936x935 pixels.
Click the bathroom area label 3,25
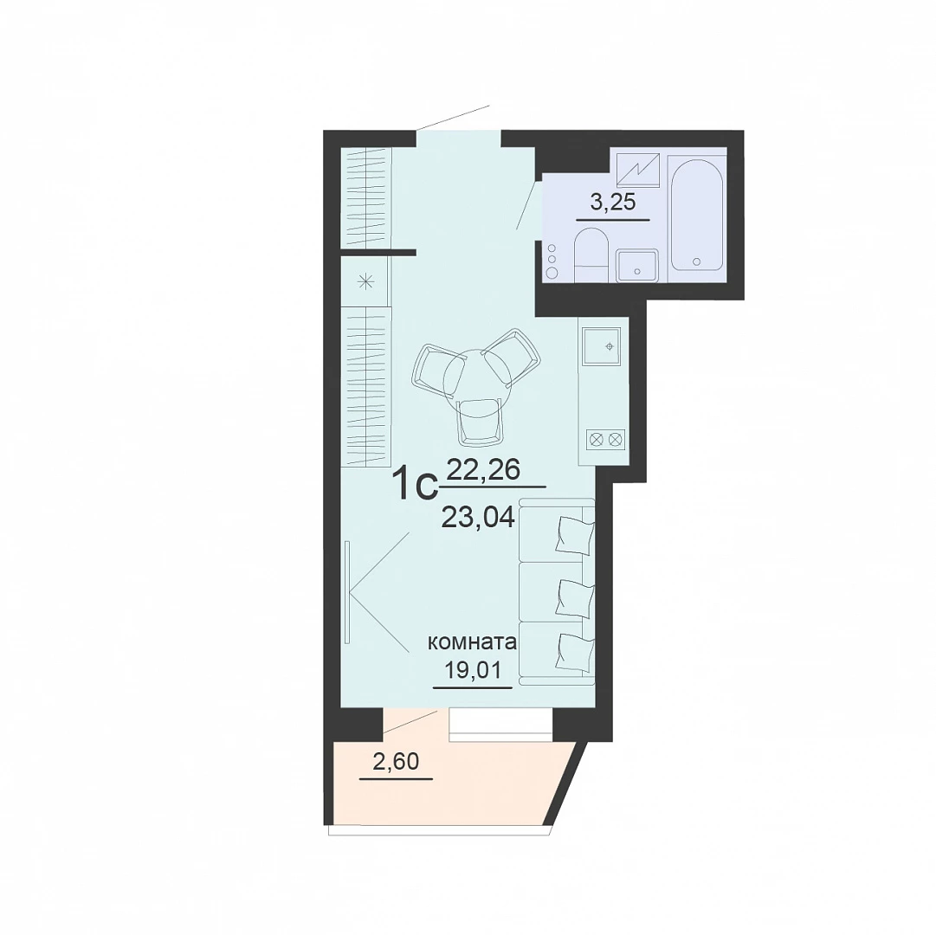click(x=612, y=203)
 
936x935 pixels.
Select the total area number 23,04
click(x=478, y=518)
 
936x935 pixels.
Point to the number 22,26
click(x=483, y=471)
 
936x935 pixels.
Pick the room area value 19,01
click(x=472, y=669)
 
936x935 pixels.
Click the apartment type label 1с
click(x=416, y=485)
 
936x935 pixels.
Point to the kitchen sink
click(x=604, y=346)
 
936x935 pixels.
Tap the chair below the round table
click(x=480, y=422)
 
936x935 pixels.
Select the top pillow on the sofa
click(x=575, y=532)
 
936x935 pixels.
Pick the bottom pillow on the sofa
click(x=575, y=651)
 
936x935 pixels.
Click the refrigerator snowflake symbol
click(x=365, y=281)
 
